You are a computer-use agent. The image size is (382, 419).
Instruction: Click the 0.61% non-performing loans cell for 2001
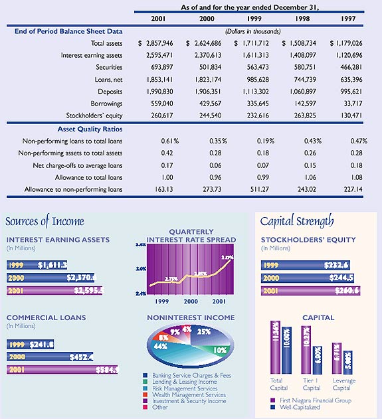tap(170, 141)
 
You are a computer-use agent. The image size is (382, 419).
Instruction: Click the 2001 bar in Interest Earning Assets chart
tap(53, 290)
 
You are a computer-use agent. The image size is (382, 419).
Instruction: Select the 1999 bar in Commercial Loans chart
tap(31, 344)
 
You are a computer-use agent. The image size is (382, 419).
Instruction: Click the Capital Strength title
tap(296, 221)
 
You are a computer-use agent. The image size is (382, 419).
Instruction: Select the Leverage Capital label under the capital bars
tap(344, 384)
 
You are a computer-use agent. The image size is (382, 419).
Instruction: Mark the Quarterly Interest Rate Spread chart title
tap(191, 236)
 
